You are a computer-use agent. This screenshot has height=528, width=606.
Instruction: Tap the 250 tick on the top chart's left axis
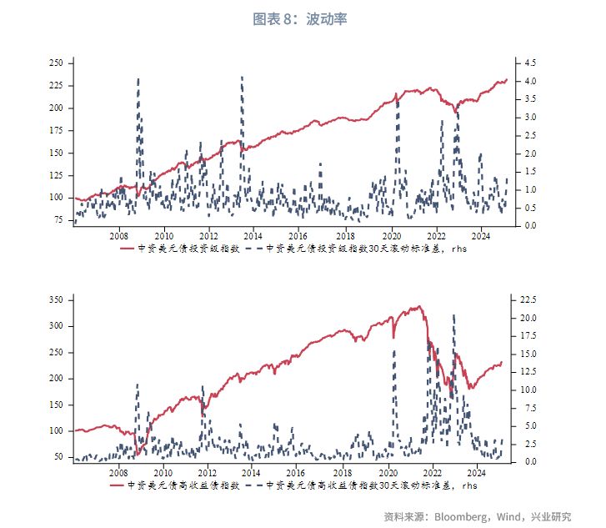(x=57, y=63)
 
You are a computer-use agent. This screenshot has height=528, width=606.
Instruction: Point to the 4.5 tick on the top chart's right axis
(x=531, y=63)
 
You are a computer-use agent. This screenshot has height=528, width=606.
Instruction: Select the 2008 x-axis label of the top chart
(x=118, y=235)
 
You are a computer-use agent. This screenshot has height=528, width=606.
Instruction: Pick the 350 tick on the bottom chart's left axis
(x=57, y=299)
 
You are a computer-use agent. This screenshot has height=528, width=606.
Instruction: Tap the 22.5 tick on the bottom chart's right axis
(x=533, y=299)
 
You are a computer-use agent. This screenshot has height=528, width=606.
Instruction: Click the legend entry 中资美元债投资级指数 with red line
(x=188, y=248)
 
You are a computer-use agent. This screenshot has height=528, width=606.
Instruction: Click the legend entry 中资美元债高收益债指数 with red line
(x=188, y=485)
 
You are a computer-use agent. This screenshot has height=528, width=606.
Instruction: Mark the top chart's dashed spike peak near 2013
(x=242, y=77)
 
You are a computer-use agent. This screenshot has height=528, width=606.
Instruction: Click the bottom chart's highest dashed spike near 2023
(x=453, y=315)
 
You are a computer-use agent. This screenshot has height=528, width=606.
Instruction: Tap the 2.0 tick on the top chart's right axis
(x=531, y=153)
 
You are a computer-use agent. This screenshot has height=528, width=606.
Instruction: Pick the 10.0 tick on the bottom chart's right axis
(x=533, y=390)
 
